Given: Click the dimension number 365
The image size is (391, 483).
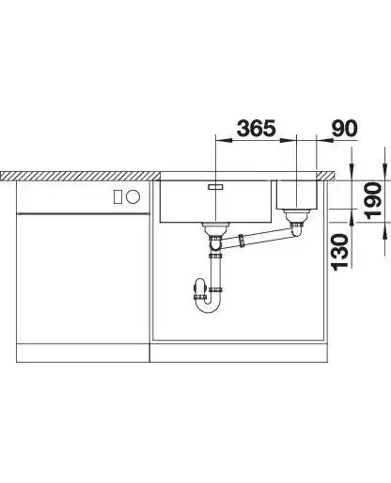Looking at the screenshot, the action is pyautogui.click(x=257, y=128).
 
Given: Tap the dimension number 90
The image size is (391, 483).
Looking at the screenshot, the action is pyautogui.click(x=344, y=128).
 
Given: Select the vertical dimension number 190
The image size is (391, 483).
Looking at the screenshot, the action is pyautogui.click(x=373, y=200).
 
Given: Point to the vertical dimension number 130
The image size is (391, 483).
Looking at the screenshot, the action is pyautogui.click(x=340, y=252).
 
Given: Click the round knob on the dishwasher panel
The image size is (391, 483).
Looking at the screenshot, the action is pyautogui.click(x=133, y=196).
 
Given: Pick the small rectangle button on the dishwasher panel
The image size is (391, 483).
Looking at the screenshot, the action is pyautogui.click(x=117, y=196).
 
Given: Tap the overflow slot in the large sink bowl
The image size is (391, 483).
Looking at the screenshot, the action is pyautogui.click(x=215, y=187).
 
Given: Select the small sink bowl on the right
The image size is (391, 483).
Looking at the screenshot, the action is pyautogui.click(x=297, y=195).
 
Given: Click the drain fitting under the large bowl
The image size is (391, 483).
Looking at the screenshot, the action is pyautogui.click(x=215, y=229).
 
